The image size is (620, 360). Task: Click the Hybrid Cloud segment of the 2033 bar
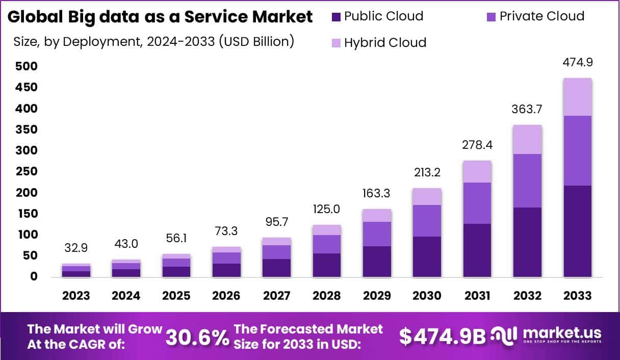(578, 97)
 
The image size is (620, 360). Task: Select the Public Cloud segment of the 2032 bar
(527, 242)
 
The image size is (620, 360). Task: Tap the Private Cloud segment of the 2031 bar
(477, 203)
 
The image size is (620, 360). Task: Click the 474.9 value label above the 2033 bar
(578, 63)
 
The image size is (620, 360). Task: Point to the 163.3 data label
(377, 194)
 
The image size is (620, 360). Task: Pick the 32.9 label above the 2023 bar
(76, 248)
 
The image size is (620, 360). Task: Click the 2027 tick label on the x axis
(276, 296)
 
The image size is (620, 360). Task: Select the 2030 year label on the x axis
(427, 296)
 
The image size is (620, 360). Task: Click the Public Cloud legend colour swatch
(336, 17)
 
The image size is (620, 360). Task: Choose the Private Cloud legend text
(541, 16)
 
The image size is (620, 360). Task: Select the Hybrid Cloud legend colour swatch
(336, 42)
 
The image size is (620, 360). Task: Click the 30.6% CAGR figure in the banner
(197, 337)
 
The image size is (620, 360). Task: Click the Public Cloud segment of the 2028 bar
(327, 265)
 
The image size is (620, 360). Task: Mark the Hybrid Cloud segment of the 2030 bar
(427, 196)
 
